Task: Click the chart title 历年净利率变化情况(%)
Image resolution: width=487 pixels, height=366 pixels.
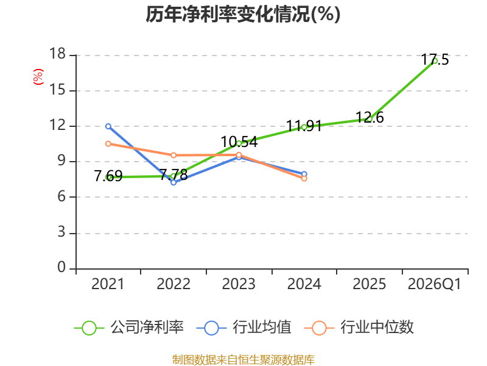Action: coord(243,15)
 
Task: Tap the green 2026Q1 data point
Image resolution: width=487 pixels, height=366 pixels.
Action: coord(435,61)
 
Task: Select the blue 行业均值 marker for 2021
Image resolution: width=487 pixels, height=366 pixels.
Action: coord(108,126)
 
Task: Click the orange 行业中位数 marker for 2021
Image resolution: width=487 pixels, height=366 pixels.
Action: coord(108,144)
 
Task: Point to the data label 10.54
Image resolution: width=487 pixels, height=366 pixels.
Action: coord(239,142)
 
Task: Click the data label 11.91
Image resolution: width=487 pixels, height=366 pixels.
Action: coord(304,126)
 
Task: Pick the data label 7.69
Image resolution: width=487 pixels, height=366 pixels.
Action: coord(108,176)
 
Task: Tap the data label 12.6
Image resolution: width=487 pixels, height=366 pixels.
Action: coord(370,117)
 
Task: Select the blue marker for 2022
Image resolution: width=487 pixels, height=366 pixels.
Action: coord(173,182)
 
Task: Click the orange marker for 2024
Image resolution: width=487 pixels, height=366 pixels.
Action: coord(304,178)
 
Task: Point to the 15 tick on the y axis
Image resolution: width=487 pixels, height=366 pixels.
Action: coord(57,90)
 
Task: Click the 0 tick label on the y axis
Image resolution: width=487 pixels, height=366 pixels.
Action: coord(61,267)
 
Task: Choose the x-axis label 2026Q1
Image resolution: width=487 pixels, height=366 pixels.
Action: coord(435,284)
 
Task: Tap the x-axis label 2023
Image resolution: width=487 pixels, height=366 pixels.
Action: coord(239,284)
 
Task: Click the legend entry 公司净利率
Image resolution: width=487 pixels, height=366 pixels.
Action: coord(128,328)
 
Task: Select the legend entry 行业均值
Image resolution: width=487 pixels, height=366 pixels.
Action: coord(244,328)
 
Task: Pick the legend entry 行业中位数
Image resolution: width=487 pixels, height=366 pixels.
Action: coord(359,328)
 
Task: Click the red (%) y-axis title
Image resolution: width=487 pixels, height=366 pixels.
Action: coord(38,77)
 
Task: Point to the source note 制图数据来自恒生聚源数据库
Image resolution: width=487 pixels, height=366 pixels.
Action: coord(243,360)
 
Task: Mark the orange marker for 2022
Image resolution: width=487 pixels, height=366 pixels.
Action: coord(173,156)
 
